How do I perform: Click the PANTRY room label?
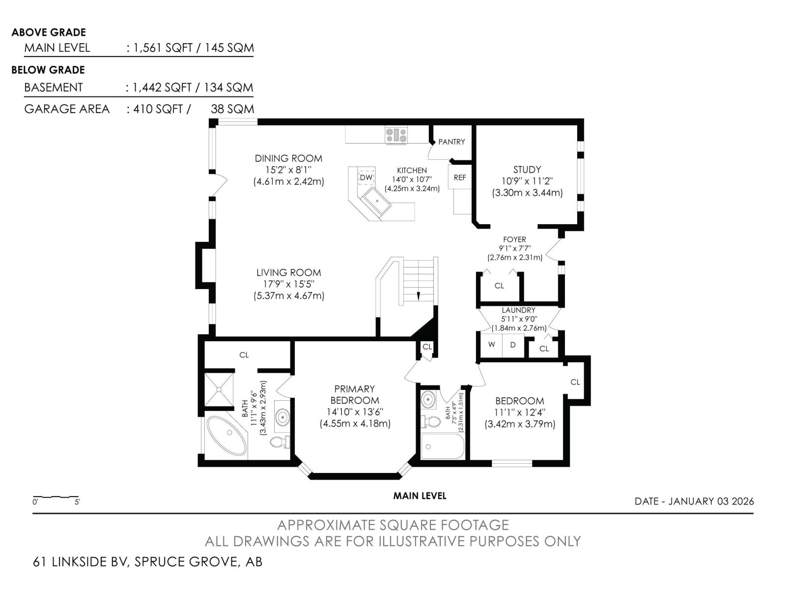451,142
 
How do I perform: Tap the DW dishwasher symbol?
366,177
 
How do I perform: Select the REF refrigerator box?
459,177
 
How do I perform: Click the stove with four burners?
396,135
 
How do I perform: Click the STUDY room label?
527,170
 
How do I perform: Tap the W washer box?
491,345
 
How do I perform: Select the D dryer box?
513,345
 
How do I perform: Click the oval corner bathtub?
227,436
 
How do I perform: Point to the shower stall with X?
219,390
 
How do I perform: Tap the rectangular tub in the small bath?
443,446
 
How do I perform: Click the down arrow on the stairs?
418,296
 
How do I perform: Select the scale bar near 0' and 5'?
56,497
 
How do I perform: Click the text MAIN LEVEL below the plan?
420,496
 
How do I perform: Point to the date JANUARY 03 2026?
711,501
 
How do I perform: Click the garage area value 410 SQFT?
158,109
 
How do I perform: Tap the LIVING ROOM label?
289,272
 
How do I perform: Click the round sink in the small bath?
427,399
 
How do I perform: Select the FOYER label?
514,239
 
